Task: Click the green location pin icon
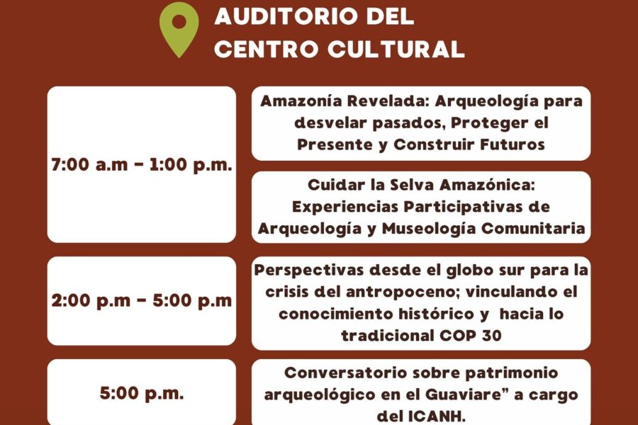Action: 179,28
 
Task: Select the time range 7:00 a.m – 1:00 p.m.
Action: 142,165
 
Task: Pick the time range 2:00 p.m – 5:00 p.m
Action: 142,300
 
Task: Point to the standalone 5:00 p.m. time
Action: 142,393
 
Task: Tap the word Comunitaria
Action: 533,229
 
